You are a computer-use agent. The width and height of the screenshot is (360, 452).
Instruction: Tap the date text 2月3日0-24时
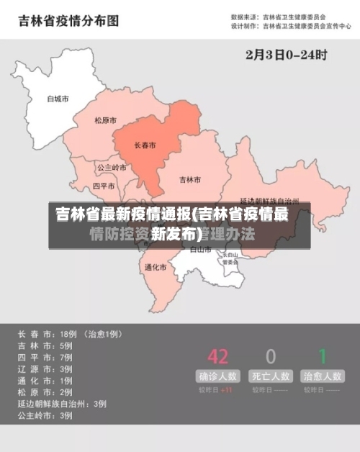click(287, 54)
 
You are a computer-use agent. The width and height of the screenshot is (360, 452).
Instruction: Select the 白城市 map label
click(58, 99)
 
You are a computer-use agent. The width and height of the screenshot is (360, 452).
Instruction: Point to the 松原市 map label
click(105, 120)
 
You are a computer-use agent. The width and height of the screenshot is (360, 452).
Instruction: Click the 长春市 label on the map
click(145, 145)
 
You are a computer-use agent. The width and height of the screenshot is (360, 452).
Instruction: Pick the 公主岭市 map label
click(112, 168)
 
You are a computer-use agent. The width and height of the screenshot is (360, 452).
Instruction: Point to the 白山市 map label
click(200, 250)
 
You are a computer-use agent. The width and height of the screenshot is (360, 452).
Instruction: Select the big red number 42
click(217, 356)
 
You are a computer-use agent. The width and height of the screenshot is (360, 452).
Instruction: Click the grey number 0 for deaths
click(271, 356)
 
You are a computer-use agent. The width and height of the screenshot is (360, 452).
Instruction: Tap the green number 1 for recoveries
click(323, 356)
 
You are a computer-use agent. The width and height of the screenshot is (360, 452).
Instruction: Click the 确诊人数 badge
click(217, 376)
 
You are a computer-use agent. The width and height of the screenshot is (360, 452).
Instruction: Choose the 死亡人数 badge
click(271, 376)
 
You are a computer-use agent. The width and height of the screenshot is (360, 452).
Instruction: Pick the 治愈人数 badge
click(323, 376)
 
